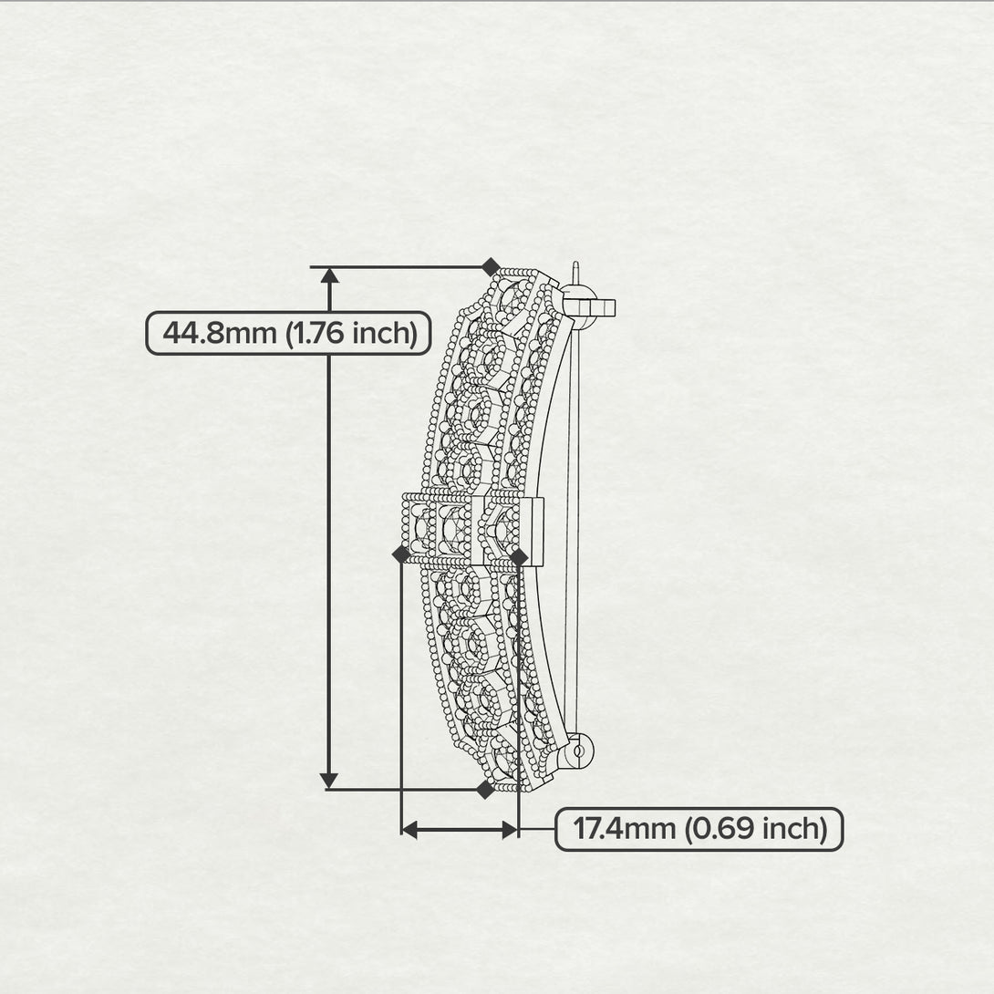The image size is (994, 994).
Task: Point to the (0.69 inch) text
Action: [756, 829]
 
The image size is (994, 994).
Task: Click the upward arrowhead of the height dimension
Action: [329, 275]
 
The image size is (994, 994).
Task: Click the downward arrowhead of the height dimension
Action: [329, 781]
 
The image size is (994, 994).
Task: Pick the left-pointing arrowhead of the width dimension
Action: [409, 829]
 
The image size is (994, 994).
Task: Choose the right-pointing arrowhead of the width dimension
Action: [511, 829]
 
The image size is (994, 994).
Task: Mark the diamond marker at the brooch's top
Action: [491, 267]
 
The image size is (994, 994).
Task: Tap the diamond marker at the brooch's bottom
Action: [485, 789]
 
